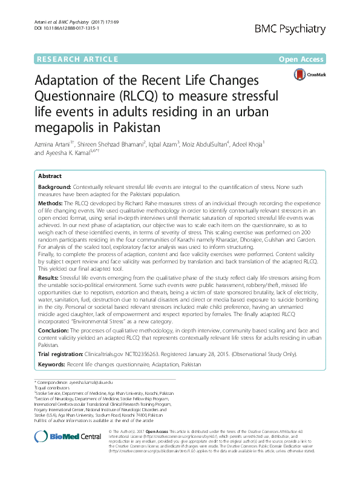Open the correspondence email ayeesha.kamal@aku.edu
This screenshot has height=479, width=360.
pyautogui.click(x=91, y=382)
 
